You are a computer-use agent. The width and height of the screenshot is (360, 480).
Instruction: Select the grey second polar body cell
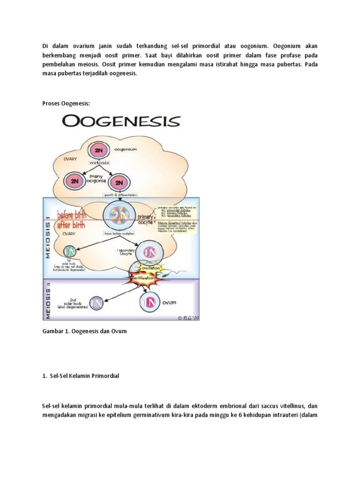click(x=97, y=302)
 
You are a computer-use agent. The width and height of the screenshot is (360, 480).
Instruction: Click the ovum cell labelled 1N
click(x=149, y=302)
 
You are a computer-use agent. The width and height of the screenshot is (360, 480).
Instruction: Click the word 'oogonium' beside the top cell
click(x=126, y=149)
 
